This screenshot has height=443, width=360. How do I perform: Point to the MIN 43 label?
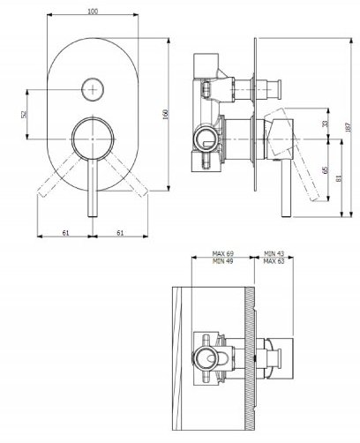(x=274, y=253)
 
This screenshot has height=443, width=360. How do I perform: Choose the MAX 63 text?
(x=274, y=261)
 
